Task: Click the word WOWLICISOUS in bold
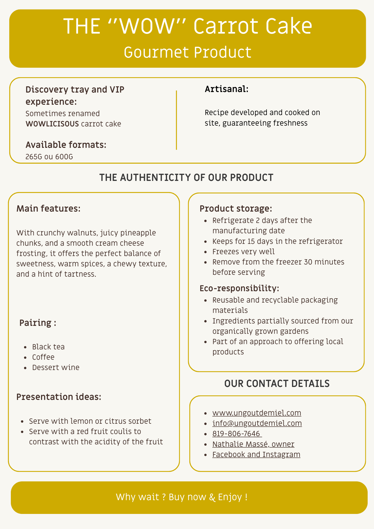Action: point(52,124)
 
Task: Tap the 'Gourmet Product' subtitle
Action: point(187,52)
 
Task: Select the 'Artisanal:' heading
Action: point(227,89)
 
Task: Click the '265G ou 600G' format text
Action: point(49,157)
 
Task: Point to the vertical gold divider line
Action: point(176,120)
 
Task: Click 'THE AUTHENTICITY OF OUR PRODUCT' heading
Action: point(186,177)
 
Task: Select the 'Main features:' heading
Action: point(48,209)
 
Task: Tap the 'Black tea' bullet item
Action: point(48,347)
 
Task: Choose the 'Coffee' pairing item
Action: point(43,357)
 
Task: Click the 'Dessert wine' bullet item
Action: point(56,367)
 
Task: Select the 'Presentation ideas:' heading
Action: point(59,397)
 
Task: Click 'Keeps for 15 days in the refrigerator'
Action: point(277,241)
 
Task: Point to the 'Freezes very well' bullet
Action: point(243,252)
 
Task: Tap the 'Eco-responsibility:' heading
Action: point(239,288)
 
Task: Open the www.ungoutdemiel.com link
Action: point(257,413)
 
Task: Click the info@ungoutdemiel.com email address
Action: point(257,423)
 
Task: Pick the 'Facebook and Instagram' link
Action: point(256,454)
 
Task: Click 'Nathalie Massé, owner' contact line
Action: point(253,444)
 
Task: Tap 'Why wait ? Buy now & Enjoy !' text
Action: point(182,497)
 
